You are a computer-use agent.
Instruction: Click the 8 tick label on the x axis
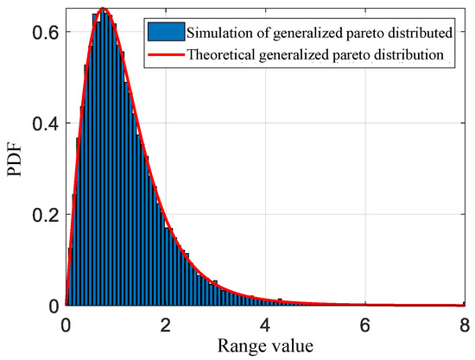pyautogui.click(x=464, y=325)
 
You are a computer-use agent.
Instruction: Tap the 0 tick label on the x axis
pyautogui.click(x=66, y=325)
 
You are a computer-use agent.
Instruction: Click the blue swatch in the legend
pyautogui.click(x=169, y=35)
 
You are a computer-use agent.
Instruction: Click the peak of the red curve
pyautogui.click(x=104, y=9)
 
